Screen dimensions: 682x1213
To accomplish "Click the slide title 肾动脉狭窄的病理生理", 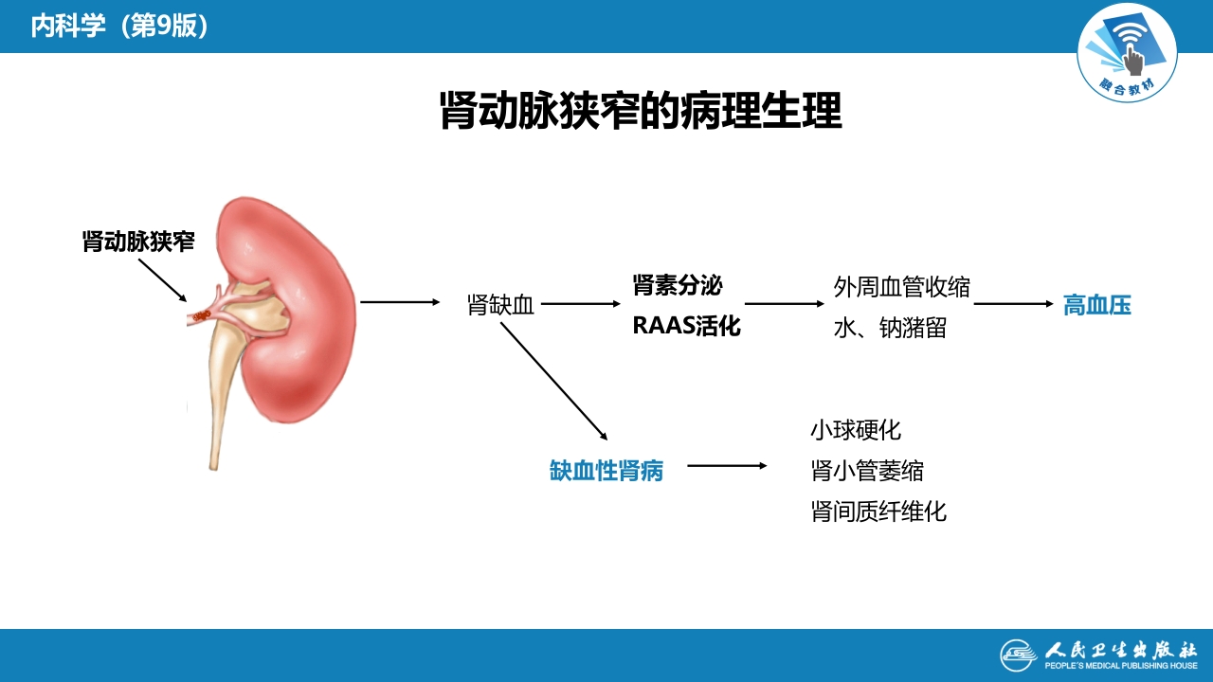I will [x=641, y=111].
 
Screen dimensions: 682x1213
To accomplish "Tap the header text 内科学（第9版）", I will [x=119, y=26].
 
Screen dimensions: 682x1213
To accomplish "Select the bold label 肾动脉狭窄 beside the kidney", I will [x=138, y=242].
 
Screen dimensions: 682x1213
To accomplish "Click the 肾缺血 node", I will [x=500, y=305].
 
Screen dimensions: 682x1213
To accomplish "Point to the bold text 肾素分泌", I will [x=678, y=284].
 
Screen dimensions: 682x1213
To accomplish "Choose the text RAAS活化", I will [x=686, y=327].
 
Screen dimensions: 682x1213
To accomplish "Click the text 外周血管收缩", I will [x=901, y=286].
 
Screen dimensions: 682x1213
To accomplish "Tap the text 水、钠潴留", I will [x=889, y=328].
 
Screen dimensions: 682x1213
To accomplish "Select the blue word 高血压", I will [x=1096, y=305].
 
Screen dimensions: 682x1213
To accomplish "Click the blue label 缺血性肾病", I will [x=606, y=470].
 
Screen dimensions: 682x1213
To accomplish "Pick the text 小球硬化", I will [x=855, y=430].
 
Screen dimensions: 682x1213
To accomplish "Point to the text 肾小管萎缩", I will [x=866, y=471].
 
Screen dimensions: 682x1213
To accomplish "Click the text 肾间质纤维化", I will [x=878, y=511].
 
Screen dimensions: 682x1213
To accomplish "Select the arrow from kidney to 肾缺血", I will [x=400, y=302].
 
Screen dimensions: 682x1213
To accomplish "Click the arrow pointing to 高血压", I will [x=1013, y=304].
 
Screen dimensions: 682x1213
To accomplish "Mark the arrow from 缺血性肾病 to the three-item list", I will [x=727, y=466].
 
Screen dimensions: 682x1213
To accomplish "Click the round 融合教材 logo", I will [x=1127, y=52].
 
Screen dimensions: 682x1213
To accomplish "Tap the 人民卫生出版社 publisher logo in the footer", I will [x=1098, y=654].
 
